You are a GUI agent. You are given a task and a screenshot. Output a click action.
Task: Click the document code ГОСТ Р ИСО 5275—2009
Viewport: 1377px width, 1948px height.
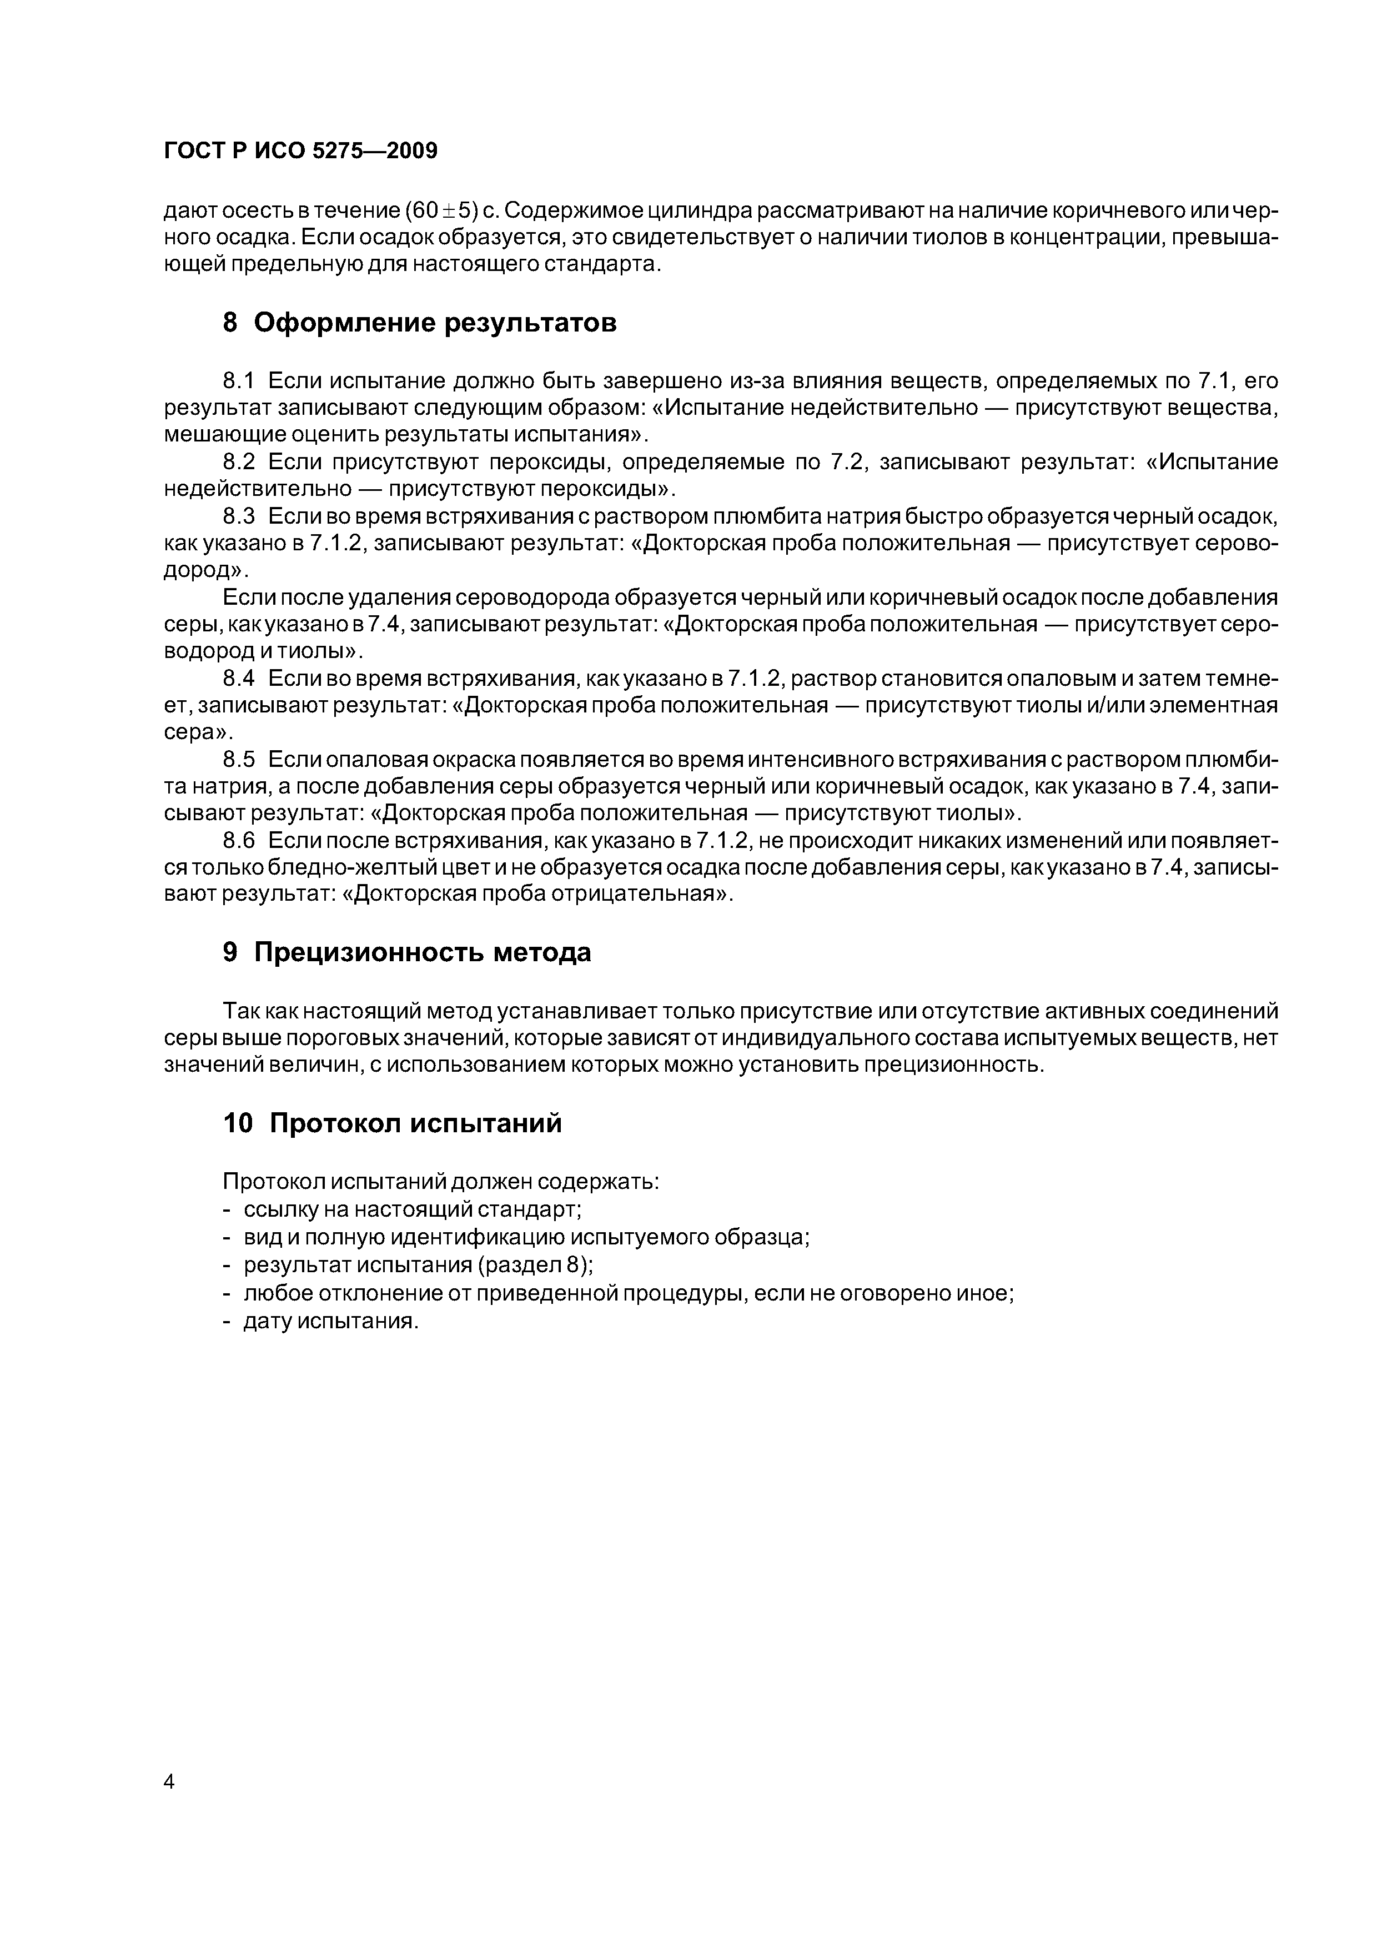300,151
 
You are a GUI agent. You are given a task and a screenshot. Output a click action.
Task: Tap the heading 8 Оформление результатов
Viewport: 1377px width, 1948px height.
419,323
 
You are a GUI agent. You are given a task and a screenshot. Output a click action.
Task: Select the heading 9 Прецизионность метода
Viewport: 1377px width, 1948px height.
406,953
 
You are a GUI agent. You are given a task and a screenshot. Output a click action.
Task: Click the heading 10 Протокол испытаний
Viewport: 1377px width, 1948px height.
392,1123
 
